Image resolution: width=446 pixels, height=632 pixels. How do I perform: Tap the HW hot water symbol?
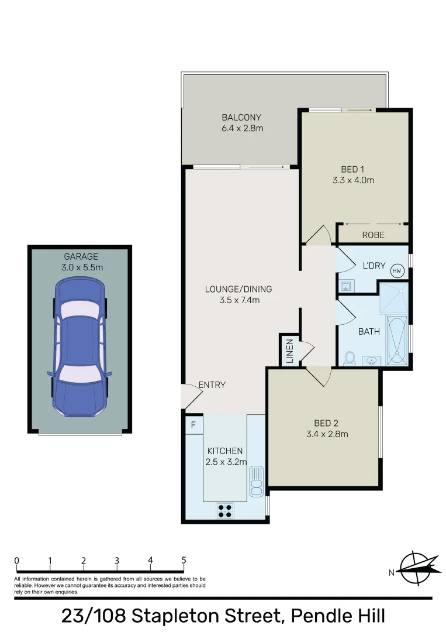pos(397,270)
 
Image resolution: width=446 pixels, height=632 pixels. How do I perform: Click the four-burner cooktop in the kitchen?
pos(225,510)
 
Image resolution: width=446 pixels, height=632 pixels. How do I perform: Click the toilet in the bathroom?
pos(350,359)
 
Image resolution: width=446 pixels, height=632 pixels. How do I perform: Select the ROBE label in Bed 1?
pos(373,235)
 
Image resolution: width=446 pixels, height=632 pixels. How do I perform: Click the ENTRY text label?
pos(212,385)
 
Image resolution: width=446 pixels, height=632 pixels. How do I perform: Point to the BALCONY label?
pos(241,117)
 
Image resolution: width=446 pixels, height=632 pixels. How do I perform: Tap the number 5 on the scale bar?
pos(184,560)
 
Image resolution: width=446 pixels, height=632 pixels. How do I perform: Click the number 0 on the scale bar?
pos(17,560)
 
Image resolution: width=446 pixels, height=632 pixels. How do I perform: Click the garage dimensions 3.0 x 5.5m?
pos(81,267)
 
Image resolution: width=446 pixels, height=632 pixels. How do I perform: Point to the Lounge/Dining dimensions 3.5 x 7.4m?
pos(238,300)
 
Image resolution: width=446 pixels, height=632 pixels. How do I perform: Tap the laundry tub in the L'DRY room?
pos(346,286)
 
